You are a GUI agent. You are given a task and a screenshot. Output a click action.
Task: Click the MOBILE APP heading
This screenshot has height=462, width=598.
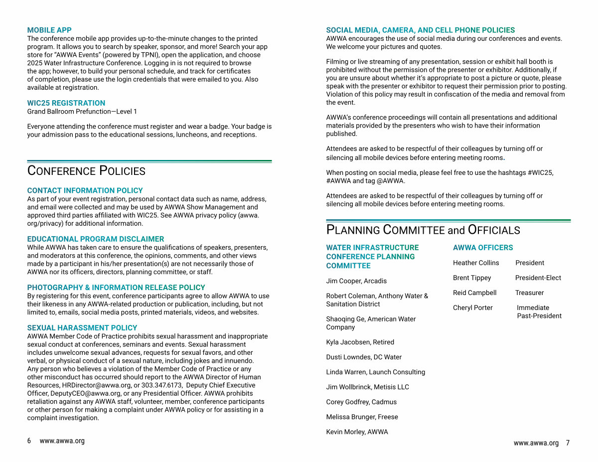tap(49, 30)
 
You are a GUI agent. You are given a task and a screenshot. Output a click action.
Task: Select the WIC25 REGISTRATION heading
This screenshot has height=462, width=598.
tap(66, 103)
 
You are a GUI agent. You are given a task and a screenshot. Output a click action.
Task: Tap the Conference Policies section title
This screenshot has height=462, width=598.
tap(86, 171)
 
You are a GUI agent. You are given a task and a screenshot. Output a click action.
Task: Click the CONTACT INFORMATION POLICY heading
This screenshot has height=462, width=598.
tap(85, 190)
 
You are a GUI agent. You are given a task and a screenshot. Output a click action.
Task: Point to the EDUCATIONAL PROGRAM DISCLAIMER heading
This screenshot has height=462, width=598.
tap(95, 239)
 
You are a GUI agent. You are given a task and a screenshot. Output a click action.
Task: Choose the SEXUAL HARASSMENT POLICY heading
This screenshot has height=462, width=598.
tap(82, 328)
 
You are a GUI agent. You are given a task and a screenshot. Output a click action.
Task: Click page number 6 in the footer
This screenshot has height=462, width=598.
tap(29, 441)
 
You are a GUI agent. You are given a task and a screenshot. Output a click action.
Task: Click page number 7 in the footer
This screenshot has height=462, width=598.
tap(568, 443)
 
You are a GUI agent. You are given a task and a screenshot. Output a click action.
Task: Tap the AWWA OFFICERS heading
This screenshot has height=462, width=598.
tap(482, 248)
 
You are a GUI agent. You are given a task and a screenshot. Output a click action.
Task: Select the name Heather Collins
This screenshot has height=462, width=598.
tap(475, 263)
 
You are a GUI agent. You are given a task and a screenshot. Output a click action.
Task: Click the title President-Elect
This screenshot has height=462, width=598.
tap(538, 278)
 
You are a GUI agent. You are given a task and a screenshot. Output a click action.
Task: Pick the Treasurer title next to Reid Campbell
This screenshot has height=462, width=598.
tap(529, 293)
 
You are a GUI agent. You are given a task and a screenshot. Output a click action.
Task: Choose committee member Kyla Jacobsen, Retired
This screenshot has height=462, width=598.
tap(360, 342)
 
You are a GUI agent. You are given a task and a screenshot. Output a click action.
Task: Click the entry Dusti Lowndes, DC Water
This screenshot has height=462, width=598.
tap(363, 357)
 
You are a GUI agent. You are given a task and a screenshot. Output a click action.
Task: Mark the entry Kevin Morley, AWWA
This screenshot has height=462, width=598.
tap(357, 432)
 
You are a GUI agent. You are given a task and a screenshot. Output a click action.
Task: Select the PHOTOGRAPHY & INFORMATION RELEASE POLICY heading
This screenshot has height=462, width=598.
tap(116, 288)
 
